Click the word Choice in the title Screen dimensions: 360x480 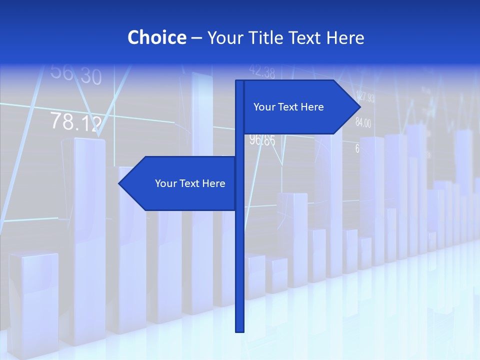pyautogui.click(x=156, y=37)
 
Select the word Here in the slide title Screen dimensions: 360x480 pyautogui.click(x=345, y=37)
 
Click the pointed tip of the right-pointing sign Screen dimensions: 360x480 pyautogui.click(x=359, y=106)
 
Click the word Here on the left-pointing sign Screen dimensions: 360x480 pyautogui.click(x=213, y=183)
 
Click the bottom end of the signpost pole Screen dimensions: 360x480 pyautogui.click(x=240, y=330)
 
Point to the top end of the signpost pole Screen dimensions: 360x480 pyautogui.click(x=240, y=81)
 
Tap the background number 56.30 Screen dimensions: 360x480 pyautogui.click(x=76, y=74)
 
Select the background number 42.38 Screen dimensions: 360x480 pyautogui.click(x=262, y=71)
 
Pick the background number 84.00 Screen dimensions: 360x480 pyautogui.click(x=363, y=122)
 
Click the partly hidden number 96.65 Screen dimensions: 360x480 pyautogui.click(x=263, y=140)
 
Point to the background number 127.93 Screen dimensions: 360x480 pyautogui.click(x=365, y=97)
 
